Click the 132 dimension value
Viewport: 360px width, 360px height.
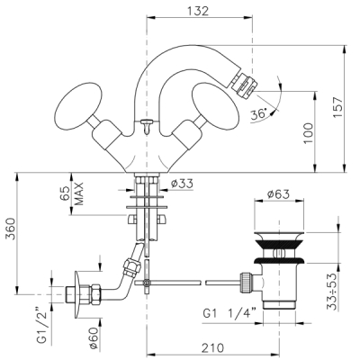coord(198,11)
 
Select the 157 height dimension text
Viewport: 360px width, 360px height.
coord(338,107)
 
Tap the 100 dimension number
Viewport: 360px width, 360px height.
coord(308,133)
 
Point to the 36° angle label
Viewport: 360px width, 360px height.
coord(258,114)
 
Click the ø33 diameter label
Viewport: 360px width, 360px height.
coord(182,184)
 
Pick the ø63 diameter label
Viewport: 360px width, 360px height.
coord(278,194)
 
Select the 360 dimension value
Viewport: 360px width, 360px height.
coord(11,229)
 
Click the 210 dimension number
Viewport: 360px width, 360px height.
coord(212,348)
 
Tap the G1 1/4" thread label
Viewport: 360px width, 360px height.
coord(229,314)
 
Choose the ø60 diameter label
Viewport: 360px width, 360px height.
coord(94,338)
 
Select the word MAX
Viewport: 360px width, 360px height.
coord(78,193)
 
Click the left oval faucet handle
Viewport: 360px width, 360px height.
coord(78,105)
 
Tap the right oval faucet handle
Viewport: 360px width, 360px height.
coord(215,107)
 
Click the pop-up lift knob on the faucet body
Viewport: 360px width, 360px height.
coord(147,125)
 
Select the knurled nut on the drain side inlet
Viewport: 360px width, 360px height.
coord(245,283)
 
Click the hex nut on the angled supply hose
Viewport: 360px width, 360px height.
coord(132,267)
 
